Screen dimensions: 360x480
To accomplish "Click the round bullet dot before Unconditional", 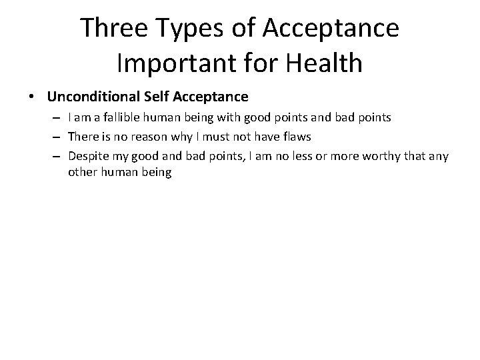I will pos(33,97).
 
